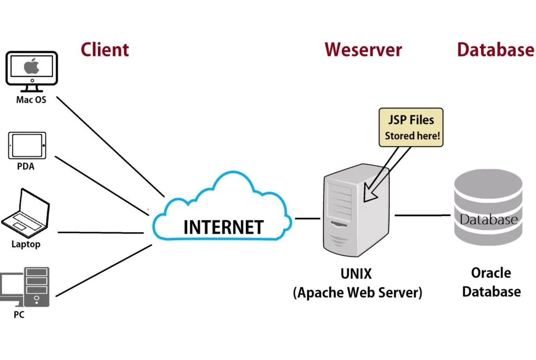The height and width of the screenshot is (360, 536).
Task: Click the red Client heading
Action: (x=105, y=50)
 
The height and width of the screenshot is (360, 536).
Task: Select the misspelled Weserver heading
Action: (x=363, y=50)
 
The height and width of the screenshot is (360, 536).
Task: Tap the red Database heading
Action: (x=495, y=50)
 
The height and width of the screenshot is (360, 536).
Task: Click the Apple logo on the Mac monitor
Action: (x=31, y=66)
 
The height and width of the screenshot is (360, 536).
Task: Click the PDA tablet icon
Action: (x=27, y=145)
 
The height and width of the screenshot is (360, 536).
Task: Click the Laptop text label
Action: (x=26, y=244)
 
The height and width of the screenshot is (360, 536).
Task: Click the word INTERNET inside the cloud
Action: (x=224, y=227)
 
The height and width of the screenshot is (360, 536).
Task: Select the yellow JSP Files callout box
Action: (x=410, y=127)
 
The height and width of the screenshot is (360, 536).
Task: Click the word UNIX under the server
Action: (x=357, y=273)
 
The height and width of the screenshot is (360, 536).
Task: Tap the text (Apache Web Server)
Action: (x=357, y=292)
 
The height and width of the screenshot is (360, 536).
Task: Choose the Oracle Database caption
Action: (x=491, y=282)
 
